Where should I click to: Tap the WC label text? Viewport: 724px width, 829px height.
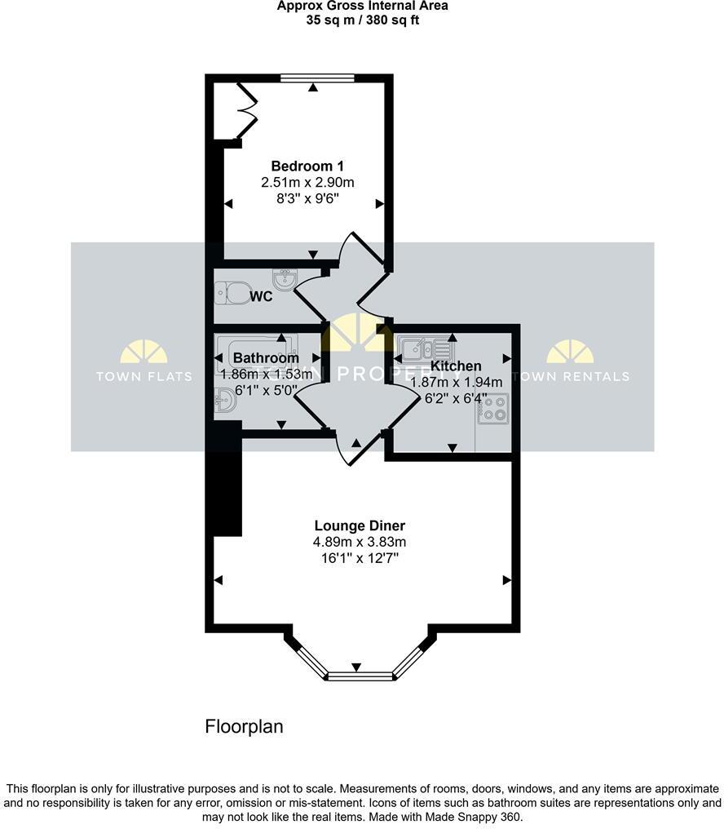[261, 296]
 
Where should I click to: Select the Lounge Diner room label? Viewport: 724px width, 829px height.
[360, 525]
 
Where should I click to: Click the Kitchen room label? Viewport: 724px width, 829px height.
[456, 366]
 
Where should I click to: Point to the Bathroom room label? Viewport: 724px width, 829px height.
[266, 358]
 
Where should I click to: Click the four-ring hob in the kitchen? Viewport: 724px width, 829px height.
[493, 407]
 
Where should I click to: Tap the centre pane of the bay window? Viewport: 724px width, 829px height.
[360, 675]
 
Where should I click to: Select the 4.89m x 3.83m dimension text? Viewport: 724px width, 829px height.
[360, 542]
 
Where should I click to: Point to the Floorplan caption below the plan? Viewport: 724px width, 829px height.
[244, 726]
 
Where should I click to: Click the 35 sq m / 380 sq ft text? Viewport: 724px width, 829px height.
[362, 20]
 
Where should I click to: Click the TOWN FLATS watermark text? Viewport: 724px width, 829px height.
[144, 376]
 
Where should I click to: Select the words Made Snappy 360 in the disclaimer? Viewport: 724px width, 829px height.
[474, 817]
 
